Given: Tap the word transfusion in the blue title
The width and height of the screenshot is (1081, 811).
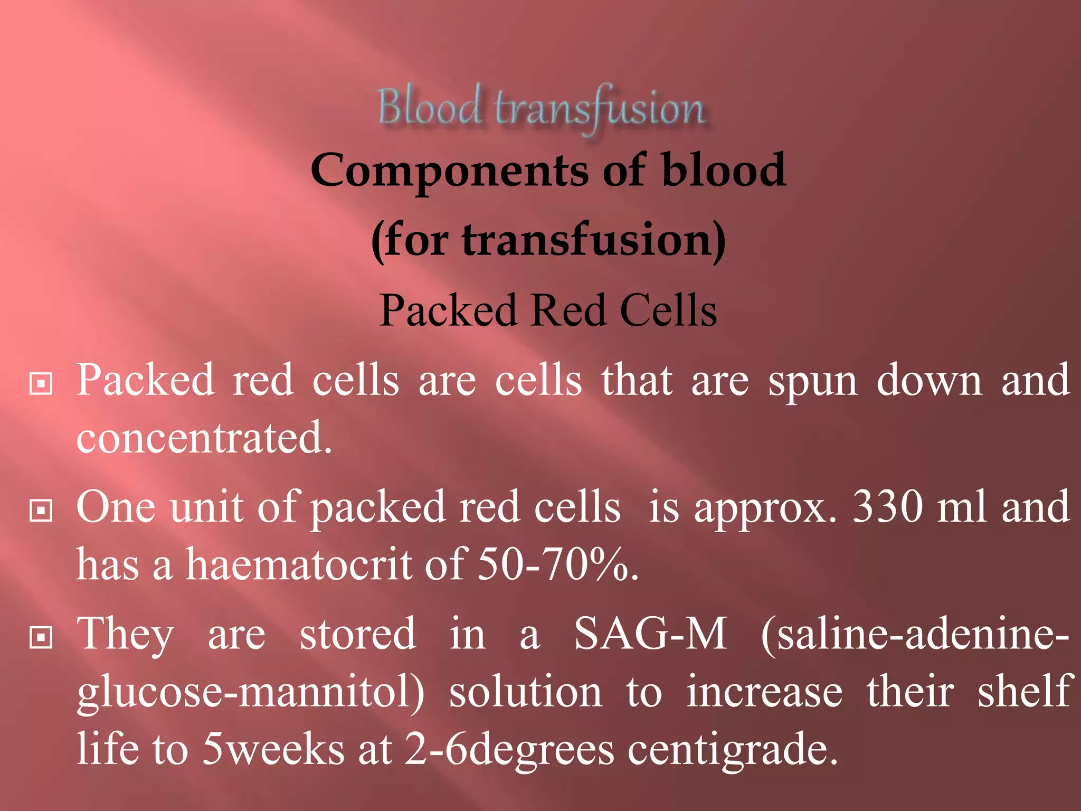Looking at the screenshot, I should coord(600,109).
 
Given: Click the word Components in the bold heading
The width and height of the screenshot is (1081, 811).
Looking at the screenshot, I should coord(449,171).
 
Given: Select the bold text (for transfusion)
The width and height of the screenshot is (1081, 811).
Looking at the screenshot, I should coord(548,241).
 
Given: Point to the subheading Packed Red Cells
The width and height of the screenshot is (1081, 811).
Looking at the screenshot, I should coord(548,310).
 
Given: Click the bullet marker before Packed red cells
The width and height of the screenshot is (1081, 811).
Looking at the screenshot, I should coord(41,384).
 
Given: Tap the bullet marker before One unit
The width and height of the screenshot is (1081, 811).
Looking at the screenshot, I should coord(41,511).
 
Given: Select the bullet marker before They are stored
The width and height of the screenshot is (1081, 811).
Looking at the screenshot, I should coord(41,637).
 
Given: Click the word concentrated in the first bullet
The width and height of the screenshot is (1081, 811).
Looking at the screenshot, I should coord(204,438).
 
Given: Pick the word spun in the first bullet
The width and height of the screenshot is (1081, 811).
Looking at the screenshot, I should coord(812,381).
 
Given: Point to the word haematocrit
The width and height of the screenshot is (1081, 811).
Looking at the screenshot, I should coord(299,564).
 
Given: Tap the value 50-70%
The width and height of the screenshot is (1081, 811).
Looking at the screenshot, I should coord(557,564).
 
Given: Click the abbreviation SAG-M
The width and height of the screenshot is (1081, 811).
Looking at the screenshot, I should coord(650,634).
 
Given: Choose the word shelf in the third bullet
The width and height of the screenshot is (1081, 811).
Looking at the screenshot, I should coord(1023,691).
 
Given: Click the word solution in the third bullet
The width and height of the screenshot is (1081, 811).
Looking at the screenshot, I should coord(525,692).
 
